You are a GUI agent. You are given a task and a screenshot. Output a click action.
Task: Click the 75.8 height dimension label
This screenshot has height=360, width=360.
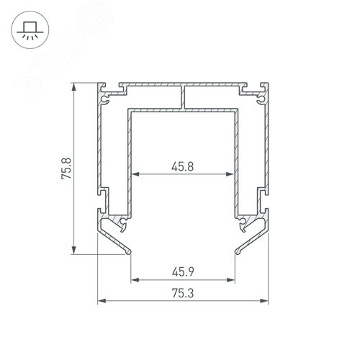click(x=66, y=168)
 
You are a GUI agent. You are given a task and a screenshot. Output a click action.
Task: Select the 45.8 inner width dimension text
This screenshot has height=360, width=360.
click(x=182, y=166)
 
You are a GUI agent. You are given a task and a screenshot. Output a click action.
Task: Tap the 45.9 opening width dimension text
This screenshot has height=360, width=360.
click(x=183, y=272)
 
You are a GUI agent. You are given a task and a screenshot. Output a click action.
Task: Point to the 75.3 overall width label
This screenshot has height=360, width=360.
click(x=183, y=293)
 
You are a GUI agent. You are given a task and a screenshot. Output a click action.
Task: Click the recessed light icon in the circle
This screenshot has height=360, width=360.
click(x=30, y=30)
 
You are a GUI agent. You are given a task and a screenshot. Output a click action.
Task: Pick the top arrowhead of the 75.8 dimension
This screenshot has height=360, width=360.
click(x=74, y=87)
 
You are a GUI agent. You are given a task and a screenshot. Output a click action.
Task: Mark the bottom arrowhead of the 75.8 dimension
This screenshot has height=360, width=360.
click(x=74, y=250)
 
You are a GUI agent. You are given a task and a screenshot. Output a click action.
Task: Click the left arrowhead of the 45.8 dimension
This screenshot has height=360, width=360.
click(x=135, y=174)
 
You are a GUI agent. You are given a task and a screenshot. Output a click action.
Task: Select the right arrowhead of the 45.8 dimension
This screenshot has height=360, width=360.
click(x=230, y=174)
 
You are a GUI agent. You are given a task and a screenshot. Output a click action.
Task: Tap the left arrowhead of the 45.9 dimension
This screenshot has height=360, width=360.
click(x=135, y=280)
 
